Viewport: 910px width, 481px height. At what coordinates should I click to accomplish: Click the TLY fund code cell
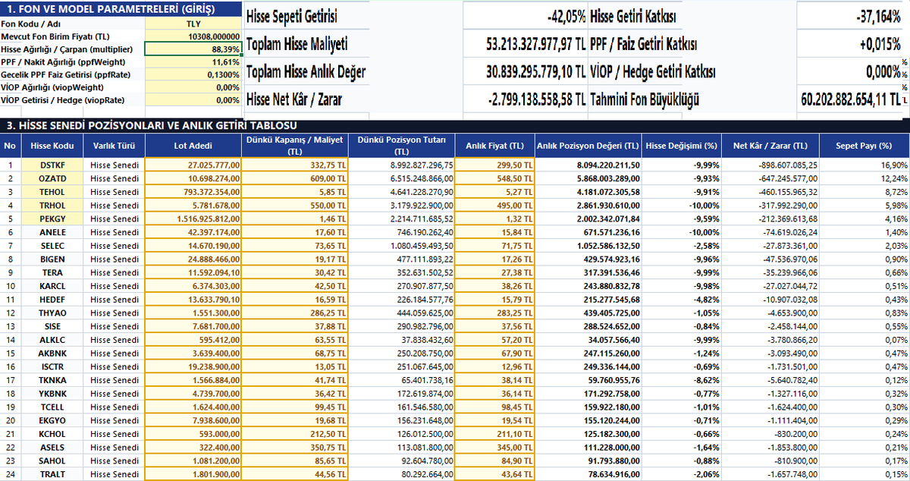(193, 24)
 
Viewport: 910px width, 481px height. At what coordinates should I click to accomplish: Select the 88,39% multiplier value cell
(193, 49)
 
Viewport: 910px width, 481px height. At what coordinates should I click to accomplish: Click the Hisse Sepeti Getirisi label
(292, 17)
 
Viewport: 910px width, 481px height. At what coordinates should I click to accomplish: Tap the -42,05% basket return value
(566, 17)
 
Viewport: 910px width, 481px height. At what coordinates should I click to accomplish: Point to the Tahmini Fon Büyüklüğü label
(645, 99)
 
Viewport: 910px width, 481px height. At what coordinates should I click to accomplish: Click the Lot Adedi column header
(193, 146)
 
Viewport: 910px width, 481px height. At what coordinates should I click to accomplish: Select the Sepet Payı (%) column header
(864, 146)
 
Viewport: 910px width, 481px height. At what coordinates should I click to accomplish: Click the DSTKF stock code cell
(52, 165)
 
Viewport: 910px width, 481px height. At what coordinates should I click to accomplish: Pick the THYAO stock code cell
(52, 313)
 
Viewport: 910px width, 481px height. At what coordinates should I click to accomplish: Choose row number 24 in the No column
(11, 474)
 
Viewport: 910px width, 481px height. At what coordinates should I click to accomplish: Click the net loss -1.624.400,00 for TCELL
(792, 407)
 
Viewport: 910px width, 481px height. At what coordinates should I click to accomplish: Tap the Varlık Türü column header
(115, 146)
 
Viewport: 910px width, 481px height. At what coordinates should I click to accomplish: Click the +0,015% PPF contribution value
(880, 44)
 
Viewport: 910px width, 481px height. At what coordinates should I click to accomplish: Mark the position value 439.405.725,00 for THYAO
(611, 313)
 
